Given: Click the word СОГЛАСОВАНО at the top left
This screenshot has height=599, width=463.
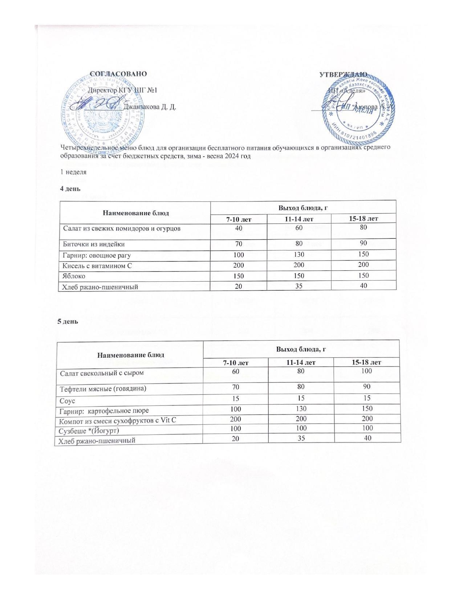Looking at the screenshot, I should click(x=118, y=74).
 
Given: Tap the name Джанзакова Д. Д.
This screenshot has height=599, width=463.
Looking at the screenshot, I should click(x=150, y=107).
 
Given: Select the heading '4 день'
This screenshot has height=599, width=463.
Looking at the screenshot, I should click(x=70, y=189).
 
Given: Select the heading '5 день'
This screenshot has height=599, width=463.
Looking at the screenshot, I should click(x=68, y=321).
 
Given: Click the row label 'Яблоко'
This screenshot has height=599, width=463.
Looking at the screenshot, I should click(x=74, y=276).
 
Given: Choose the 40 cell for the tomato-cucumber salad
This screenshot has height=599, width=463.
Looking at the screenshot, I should click(x=239, y=228).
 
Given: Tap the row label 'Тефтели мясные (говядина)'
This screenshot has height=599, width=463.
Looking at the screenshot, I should click(x=103, y=389).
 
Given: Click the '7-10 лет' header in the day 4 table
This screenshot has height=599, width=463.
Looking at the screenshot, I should click(x=239, y=219).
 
